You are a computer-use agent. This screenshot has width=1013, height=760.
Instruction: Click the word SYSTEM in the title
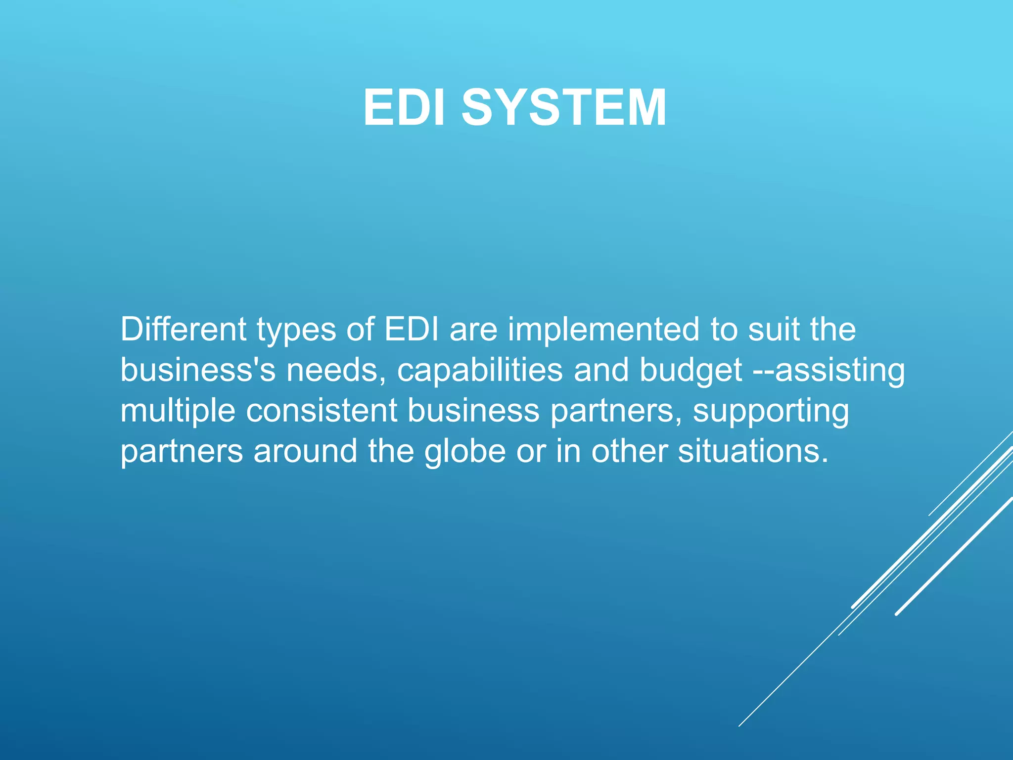pyautogui.click(x=564, y=108)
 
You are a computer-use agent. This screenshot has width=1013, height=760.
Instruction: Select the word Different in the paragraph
pyautogui.click(x=183, y=330)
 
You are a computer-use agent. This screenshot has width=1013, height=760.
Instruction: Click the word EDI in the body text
pyautogui.click(x=412, y=330)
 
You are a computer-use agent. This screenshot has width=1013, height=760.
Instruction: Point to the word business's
pyautogui.click(x=198, y=370)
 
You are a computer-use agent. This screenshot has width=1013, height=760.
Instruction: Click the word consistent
pyautogui.click(x=322, y=411)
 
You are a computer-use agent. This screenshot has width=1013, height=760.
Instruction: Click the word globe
pyautogui.click(x=465, y=451)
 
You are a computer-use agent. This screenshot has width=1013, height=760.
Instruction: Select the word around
pyautogui.click(x=305, y=451)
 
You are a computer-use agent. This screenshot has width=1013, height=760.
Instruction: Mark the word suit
pyautogui.click(x=774, y=330)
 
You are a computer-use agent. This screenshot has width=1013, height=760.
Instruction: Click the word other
pyautogui.click(x=630, y=451)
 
